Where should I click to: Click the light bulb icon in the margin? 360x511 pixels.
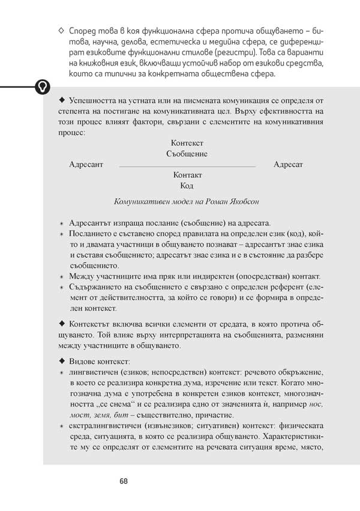(x=41, y=86)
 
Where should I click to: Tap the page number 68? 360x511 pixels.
(x=124, y=481)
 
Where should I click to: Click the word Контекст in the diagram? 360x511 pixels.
(x=187, y=143)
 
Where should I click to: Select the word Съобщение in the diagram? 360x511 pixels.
(x=187, y=154)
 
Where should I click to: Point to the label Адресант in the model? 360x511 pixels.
(x=86, y=164)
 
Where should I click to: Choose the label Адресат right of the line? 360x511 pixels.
(x=288, y=164)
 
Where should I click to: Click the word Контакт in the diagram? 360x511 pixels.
(x=187, y=175)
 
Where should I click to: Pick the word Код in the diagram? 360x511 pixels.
(x=187, y=186)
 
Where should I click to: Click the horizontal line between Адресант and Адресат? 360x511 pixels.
(x=187, y=165)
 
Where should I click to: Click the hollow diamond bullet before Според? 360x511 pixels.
(x=62, y=30)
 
